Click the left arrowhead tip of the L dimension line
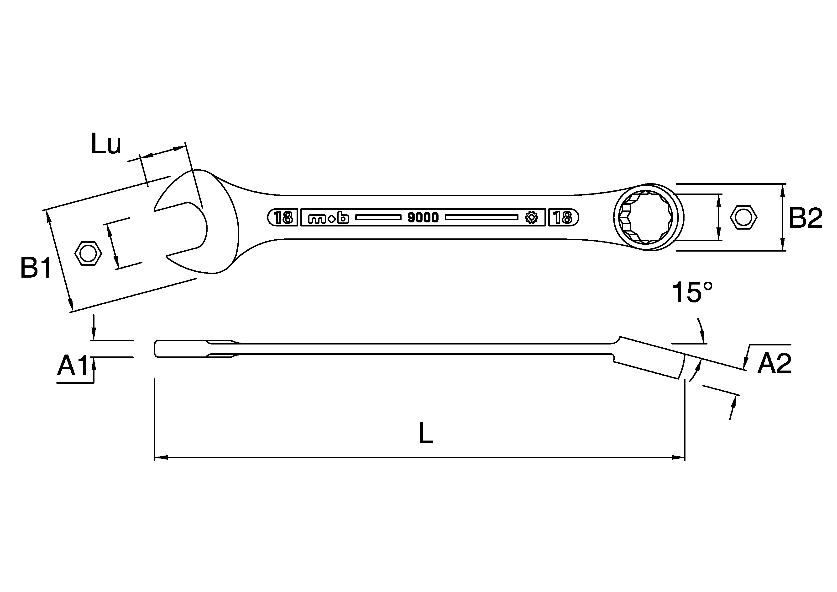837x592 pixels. [155, 457]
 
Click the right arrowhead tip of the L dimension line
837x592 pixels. [684, 457]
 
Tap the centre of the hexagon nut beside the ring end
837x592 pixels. [743, 218]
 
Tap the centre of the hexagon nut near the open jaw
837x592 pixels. [88, 253]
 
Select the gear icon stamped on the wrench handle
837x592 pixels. [532, 218]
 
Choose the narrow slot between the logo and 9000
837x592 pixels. [378, 218]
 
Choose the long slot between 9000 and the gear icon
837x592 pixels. [481, 218]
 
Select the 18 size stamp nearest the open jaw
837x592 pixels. [283, 218]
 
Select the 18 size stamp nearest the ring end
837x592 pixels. [563, 218]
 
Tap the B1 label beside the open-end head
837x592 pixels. [35, 268]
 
